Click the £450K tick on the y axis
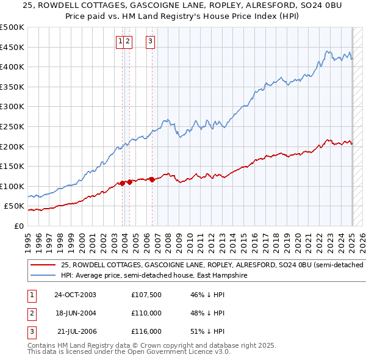point(12,47)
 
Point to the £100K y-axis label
point(12,186)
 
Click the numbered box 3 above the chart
point(150,41)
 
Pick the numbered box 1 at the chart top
point(120,41)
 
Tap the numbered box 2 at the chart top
point(129,41)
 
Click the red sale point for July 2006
point(152,179)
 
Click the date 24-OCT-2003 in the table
point(75,295)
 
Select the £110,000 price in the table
point(146,313)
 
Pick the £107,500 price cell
point(146,295)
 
